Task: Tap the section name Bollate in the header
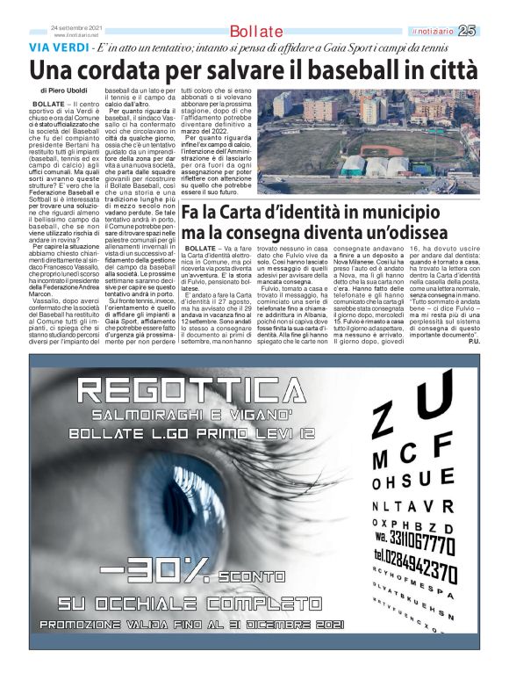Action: point(255,33)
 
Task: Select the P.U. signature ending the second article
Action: point(474,341)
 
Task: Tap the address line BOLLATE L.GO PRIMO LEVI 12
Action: point(194,434)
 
